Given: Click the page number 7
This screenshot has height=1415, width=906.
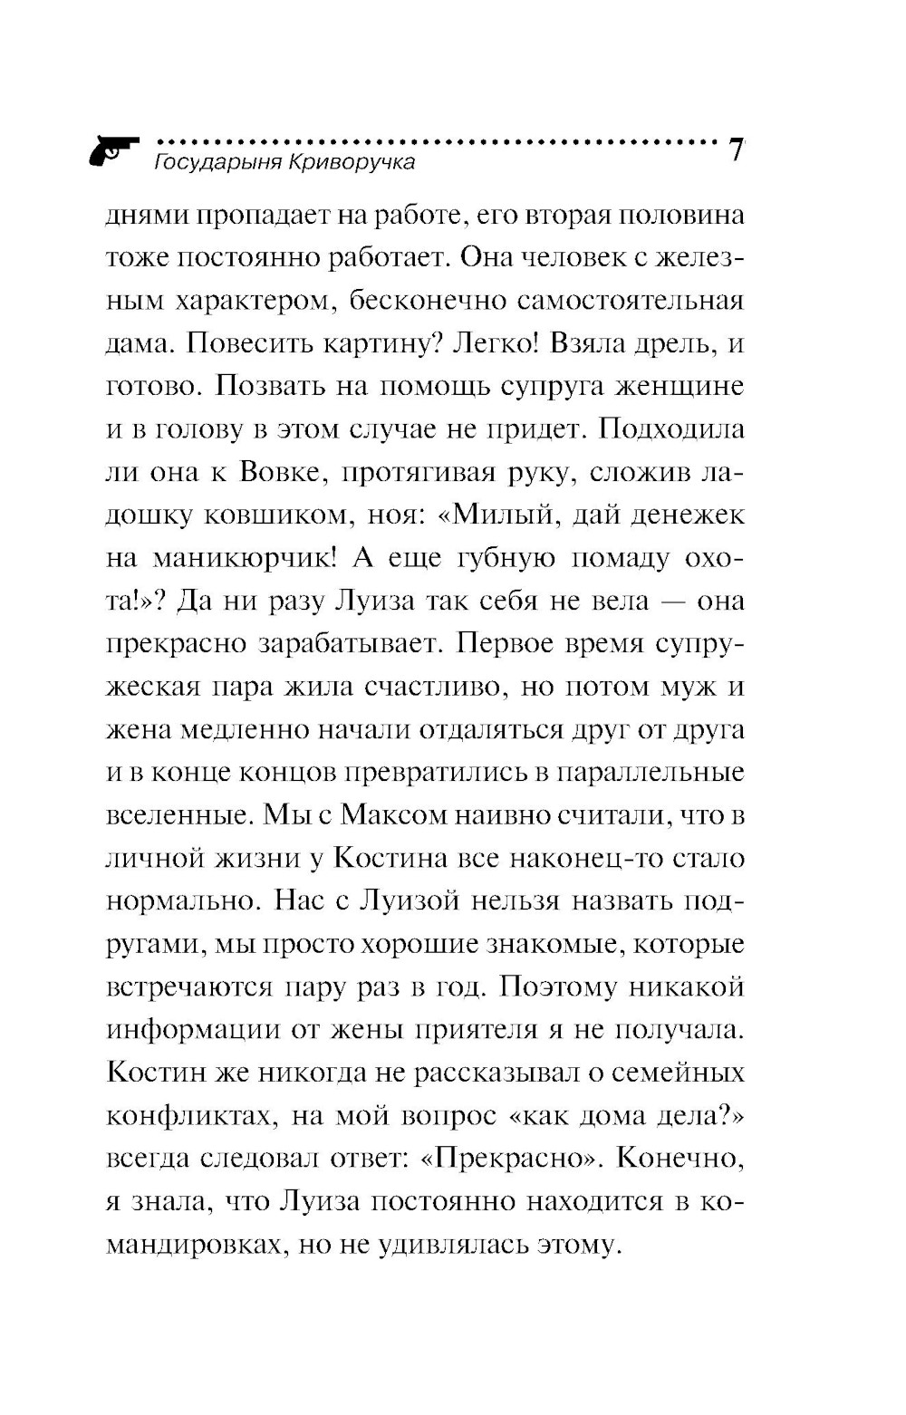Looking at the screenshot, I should (x=737, y=149).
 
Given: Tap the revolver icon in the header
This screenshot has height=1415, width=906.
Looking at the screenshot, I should (x=113, y=149).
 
